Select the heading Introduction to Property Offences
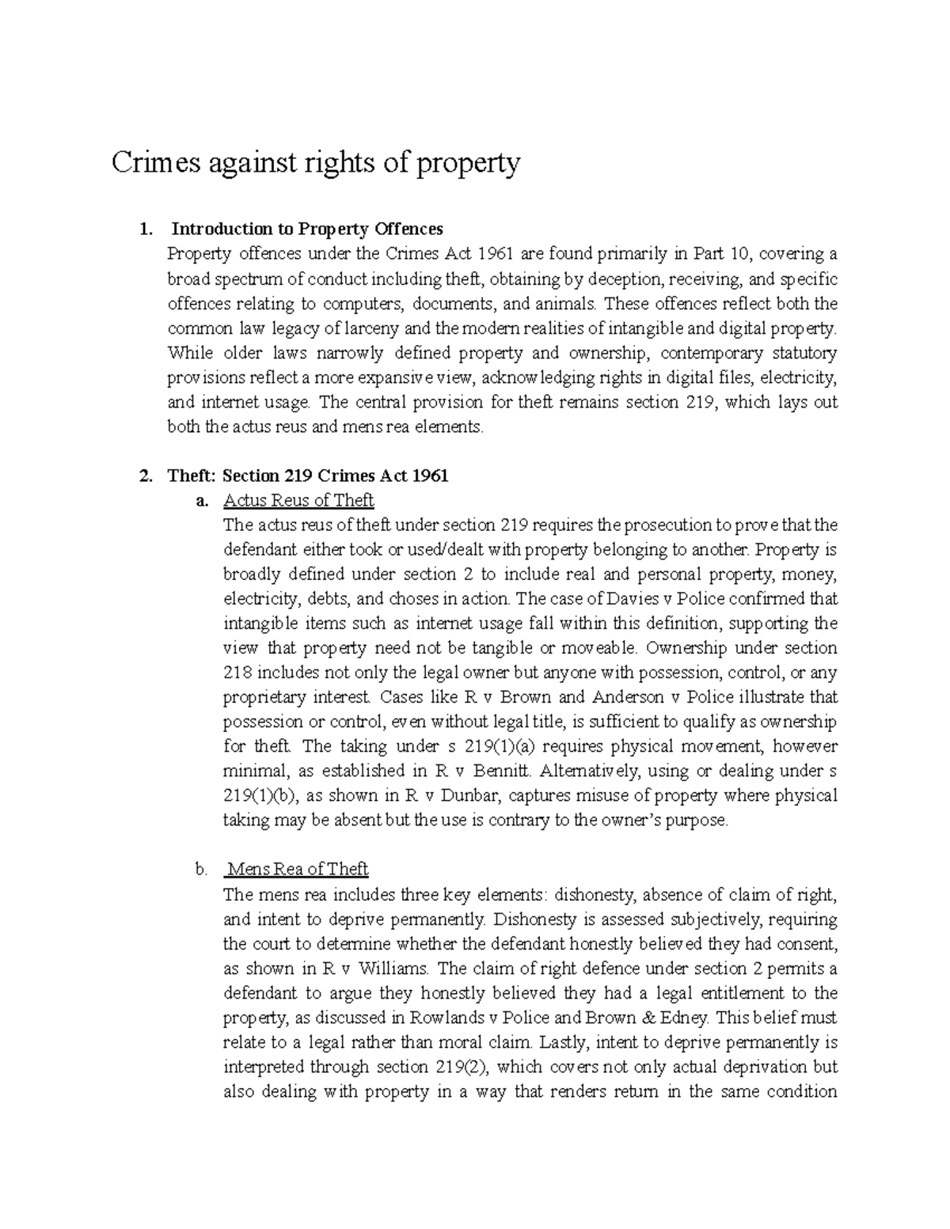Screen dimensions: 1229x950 coord(307,229)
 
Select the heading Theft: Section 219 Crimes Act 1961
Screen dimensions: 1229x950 coord(308,476)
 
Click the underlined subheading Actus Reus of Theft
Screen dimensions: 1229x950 coord(298,500)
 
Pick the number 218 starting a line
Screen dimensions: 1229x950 coord(237,673)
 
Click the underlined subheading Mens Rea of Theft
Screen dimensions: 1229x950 coord(297,869)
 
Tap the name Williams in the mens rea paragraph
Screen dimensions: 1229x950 coord(394,968)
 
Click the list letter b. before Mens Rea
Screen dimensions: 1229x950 coord(201,869)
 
